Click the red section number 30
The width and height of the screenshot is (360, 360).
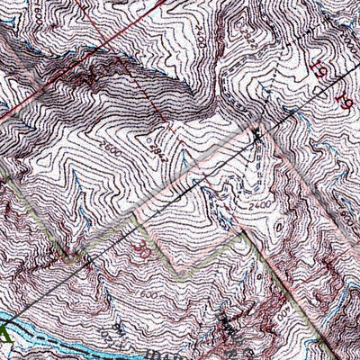[138, 242]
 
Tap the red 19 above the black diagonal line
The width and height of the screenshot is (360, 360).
[319, 68]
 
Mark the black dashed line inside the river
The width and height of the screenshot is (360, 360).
[54, 339]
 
